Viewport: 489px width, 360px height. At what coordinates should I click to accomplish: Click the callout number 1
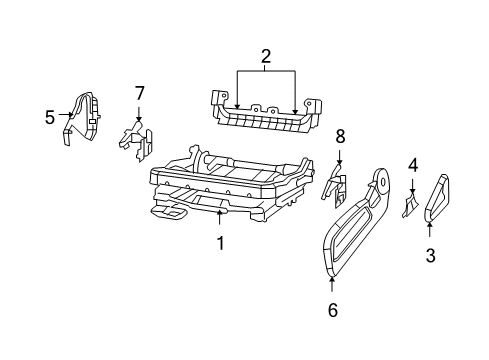(220, 243)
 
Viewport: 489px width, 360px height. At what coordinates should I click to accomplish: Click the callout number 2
(266, 58)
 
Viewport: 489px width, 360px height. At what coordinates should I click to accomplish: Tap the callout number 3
(431, 255)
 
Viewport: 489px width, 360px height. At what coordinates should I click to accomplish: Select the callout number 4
(412, 165)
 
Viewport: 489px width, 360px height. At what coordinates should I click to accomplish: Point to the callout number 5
(50, 117)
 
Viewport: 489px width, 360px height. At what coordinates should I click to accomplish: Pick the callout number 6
(332, 309)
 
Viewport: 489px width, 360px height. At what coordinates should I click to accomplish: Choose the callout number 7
(139, 94)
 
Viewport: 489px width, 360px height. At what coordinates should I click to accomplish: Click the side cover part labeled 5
(84, 118)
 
